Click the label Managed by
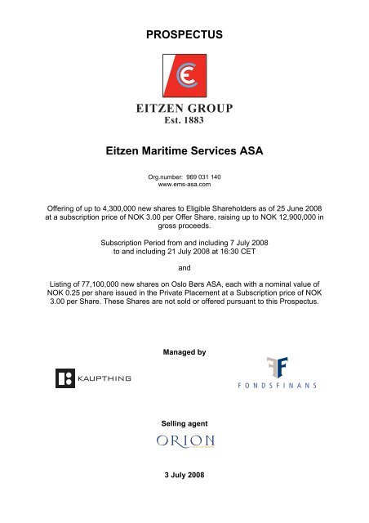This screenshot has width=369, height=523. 184,375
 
